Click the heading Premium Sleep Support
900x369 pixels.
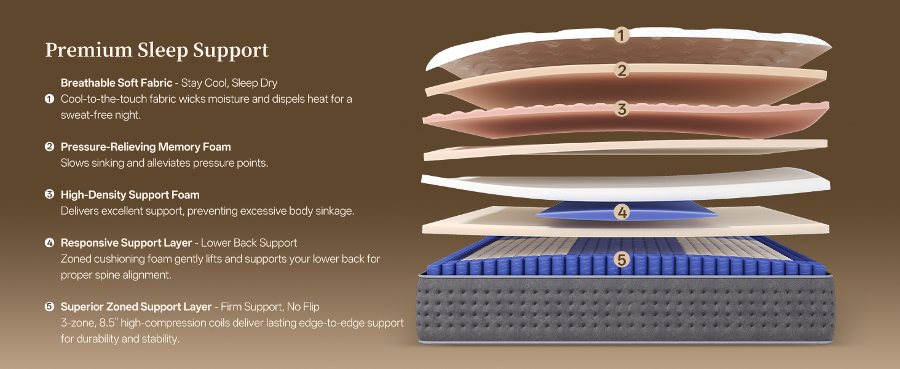[x=157, y=50]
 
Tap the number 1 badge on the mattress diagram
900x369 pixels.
[x=622, y=35]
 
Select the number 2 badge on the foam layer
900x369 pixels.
[x=622, y=71]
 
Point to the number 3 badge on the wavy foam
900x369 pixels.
[x=622, y=109]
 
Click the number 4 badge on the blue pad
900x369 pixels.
[x=622, y=213]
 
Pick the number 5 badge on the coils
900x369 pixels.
[x=622, y=260]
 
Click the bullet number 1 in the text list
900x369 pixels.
[x=50, y=98]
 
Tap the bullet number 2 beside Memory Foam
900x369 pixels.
[x=50, y=146]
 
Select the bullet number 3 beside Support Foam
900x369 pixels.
[x=50, y=194]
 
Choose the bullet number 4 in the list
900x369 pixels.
[x=50, y=242]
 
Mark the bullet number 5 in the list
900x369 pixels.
[x=50, y=306]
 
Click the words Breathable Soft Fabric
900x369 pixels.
[x=116, y=82]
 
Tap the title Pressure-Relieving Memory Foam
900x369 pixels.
[x=146, y=146]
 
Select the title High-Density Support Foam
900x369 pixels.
[x=130, y=194]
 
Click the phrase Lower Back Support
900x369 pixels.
[x=249, y=242]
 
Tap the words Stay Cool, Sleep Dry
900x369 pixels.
[x=229, y=82]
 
